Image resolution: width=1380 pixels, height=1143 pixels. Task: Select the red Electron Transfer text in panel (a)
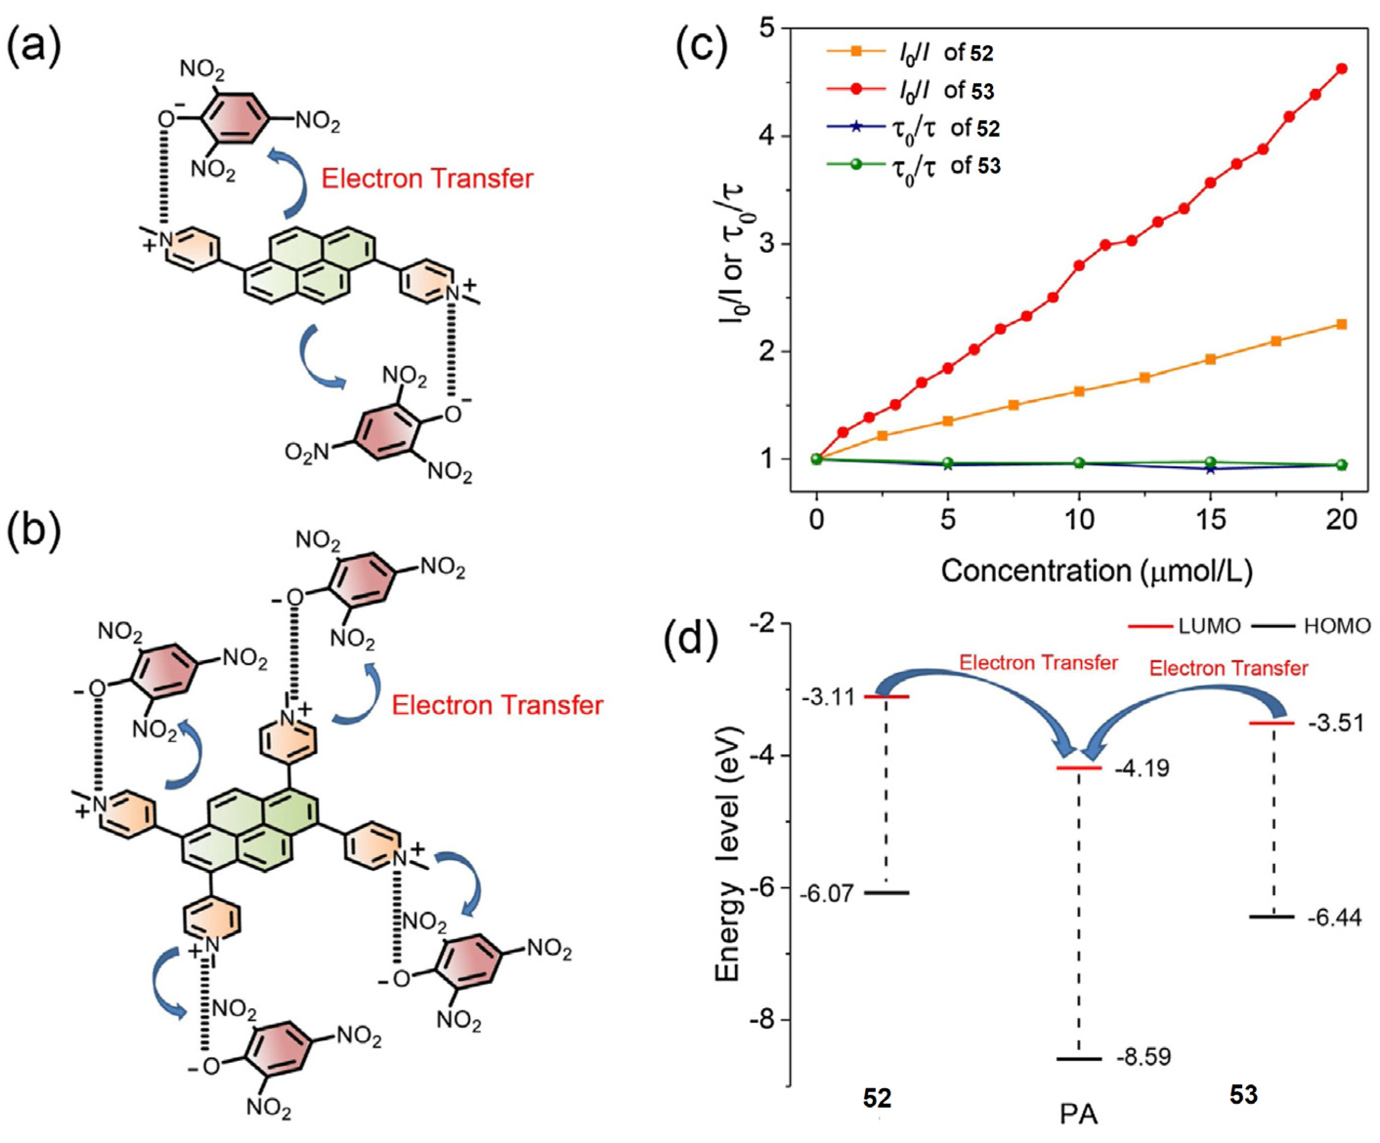(x=427, y=179)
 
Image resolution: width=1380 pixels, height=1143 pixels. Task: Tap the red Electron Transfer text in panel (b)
(x=497, y=705)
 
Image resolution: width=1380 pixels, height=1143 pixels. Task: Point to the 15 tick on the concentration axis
(x=1210, y=520)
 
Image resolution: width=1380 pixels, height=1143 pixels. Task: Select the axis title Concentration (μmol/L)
(x=1097, y=570)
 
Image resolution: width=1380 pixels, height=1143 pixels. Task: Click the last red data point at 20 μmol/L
(x=1342, y=68)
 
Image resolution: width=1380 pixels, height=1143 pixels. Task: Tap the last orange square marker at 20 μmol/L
(x=1342, y=324)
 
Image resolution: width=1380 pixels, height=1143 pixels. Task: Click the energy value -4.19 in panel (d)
(x=1142, y=768)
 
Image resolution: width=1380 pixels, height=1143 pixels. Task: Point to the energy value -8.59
(x=1143, y=1057)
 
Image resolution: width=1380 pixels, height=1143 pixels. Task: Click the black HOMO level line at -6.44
(x=1272, y=916)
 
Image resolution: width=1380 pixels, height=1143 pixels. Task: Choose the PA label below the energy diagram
(x=1078, y=1115)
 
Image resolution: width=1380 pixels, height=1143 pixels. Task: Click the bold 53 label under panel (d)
(x=1243, y=1095)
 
